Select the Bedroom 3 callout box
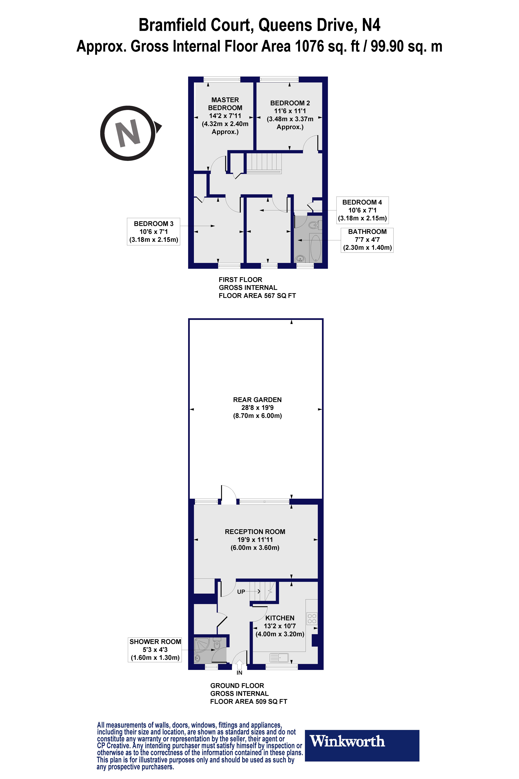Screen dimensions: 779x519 tap(153, 231)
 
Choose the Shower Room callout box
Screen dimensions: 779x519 tap(155, 649)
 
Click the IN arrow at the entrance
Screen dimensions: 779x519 tap(239, 664)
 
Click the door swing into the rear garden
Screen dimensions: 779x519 tap(228, 495)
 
